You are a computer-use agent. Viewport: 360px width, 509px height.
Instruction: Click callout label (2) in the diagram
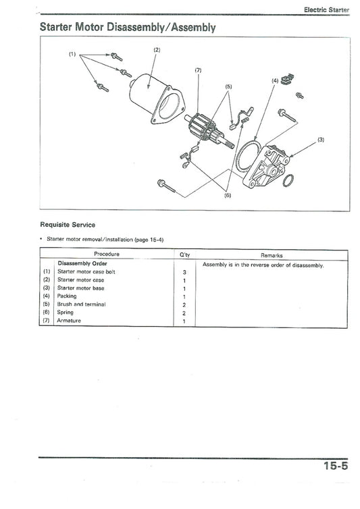point(157,50)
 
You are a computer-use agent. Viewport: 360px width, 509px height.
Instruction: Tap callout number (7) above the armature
point(198,70)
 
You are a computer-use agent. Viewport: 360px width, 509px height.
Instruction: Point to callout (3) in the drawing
point(321,140)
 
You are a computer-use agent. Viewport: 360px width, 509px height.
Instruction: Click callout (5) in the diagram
point(228,87)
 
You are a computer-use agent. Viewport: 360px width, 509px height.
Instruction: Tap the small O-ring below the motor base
point(287,180)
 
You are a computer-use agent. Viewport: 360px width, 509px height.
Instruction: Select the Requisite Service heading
point(68,225)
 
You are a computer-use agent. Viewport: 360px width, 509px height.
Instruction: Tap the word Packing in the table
point(67,296)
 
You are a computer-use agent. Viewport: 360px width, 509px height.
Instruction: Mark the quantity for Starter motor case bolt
point(184,272)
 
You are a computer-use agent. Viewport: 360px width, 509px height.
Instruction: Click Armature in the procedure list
point(69,321)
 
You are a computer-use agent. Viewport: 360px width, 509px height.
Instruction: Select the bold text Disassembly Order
point(82,263)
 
